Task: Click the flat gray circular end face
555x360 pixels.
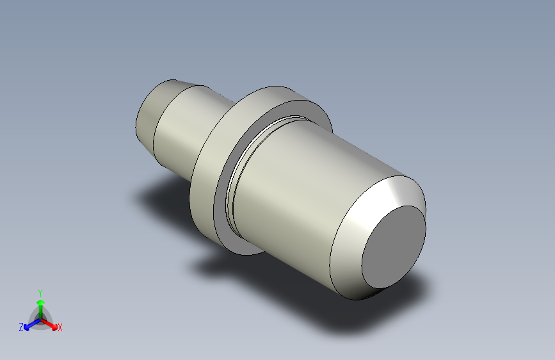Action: click(x=394, y=247)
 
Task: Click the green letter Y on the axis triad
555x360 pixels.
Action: click(x=40, y=293)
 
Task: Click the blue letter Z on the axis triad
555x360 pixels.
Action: click(x=21, y=327)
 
